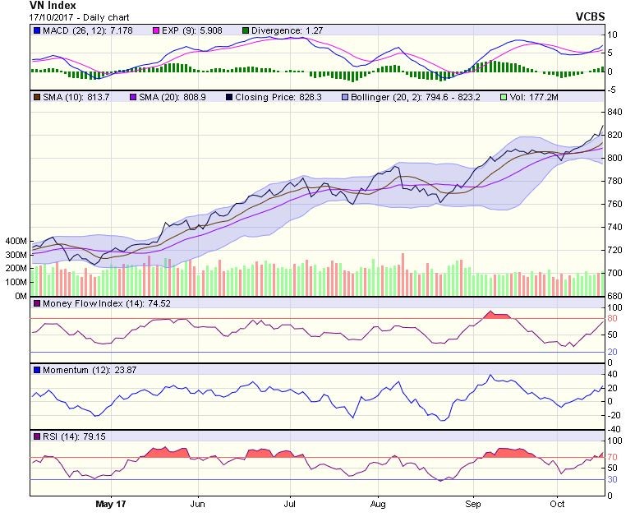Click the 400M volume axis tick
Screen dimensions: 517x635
click(x=16, y=242)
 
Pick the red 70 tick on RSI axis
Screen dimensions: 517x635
click(x=612, y=457)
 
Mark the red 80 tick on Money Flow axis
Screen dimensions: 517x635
click(x=612, y=318)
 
